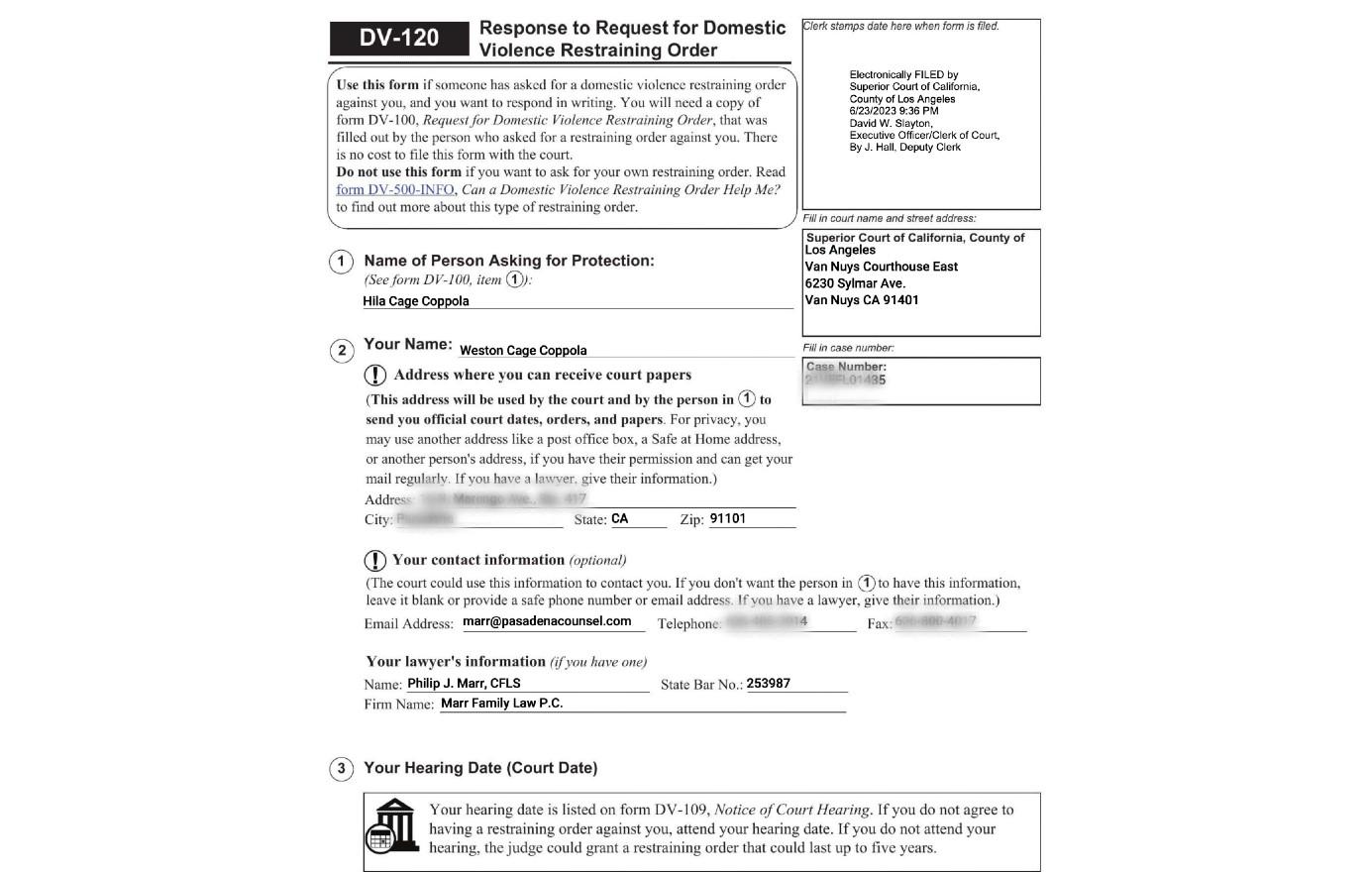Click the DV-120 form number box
click(398, 39)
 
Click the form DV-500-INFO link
click(394, 190)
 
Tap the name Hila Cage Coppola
click(416, 301)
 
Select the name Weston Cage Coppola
click(523, 351)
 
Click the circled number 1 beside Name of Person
click(341, 262)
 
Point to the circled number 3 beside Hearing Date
click(341, 769)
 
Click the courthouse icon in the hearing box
click(393, 825)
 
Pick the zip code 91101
click(728, 519)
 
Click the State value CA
click(620, 519)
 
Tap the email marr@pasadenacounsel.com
click(547, 621)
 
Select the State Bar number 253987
click(769, 684)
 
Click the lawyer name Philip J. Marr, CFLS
click(464, 684)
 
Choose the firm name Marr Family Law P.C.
click(501, 704)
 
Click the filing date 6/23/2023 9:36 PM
click(894, 111)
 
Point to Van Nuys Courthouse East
click(882, 267)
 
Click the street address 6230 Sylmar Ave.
click(855, 283)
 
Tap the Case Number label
click(846, 367)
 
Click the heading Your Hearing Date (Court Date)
click(480, 768)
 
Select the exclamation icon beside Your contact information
click(375, 560)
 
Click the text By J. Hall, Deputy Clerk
click(904, 148)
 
